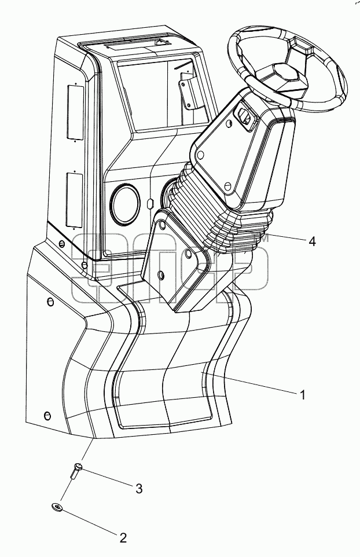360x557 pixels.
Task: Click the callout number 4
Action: click(312, 241)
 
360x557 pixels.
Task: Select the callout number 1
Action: click(302, 395)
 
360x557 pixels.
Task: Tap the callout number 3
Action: click(139, 489)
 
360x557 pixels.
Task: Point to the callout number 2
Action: click(123, 538)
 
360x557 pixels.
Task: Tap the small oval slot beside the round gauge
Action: click(149, 204)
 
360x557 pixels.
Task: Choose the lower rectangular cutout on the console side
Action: click(74, 199)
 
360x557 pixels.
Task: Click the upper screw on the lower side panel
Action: click(51, 302)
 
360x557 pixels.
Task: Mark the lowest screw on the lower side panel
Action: click(46, 415)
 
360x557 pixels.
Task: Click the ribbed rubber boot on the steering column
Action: click(219, 211)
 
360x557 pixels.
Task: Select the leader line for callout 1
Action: click(250, 382)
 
